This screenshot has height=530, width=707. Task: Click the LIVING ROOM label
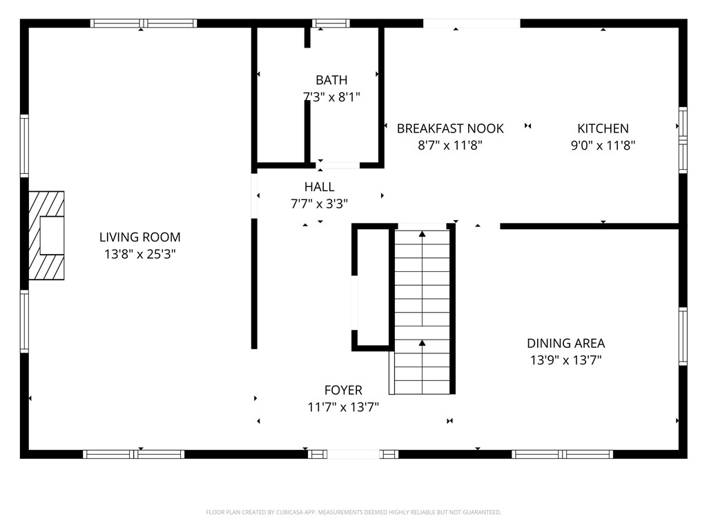point(139,237)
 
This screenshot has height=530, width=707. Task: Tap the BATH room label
point(331,80)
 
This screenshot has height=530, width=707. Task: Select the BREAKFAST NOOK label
point(450,128)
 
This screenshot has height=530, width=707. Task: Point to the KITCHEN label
point(603,128)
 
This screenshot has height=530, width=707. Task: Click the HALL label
point(319,186)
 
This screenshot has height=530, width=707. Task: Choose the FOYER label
point(343,390)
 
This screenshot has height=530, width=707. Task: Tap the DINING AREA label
point(566,344)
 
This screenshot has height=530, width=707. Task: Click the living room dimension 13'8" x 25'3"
point(139,254)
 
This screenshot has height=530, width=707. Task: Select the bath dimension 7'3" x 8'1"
point(331,97)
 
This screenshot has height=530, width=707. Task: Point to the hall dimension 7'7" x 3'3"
point(319,204)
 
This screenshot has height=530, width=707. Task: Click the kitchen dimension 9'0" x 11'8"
point(603,145)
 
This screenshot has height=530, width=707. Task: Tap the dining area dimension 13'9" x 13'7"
point(566,360)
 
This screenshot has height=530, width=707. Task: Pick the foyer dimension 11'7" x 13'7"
point(343,407)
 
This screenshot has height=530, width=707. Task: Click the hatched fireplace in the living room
point(46,235)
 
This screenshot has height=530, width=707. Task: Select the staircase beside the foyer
point(422,312)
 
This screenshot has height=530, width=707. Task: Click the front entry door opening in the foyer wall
point(353,454)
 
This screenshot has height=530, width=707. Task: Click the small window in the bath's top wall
point(331,23)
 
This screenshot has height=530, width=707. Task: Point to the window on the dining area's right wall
point(683,336)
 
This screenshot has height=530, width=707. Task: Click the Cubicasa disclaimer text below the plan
point(353,512)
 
